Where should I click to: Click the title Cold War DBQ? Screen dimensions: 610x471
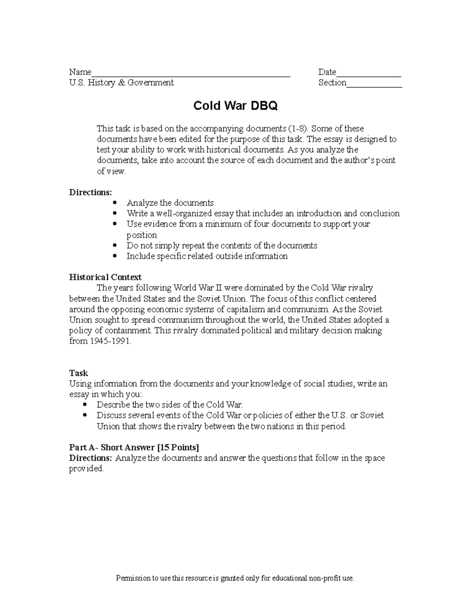tap(235, 106)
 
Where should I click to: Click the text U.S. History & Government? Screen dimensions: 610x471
tap(121, 82)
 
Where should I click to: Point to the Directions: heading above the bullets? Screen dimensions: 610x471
tap(90, 192)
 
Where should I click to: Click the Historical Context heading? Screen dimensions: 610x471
tap(105, 277)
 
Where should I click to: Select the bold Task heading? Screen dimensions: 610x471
tap(78, 373)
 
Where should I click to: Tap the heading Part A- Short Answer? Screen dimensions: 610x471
tap(112, 447)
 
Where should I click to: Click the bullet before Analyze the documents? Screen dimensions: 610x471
tap(115, 203)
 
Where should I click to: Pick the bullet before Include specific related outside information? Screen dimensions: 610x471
tap(115, 256)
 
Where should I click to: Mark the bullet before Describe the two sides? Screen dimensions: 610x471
tap(85, 405)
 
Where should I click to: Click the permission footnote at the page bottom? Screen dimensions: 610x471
tap(235, 578)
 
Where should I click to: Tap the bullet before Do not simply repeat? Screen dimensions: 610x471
tap(115, 245)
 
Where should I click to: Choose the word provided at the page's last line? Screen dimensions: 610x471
tap(86, 469)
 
